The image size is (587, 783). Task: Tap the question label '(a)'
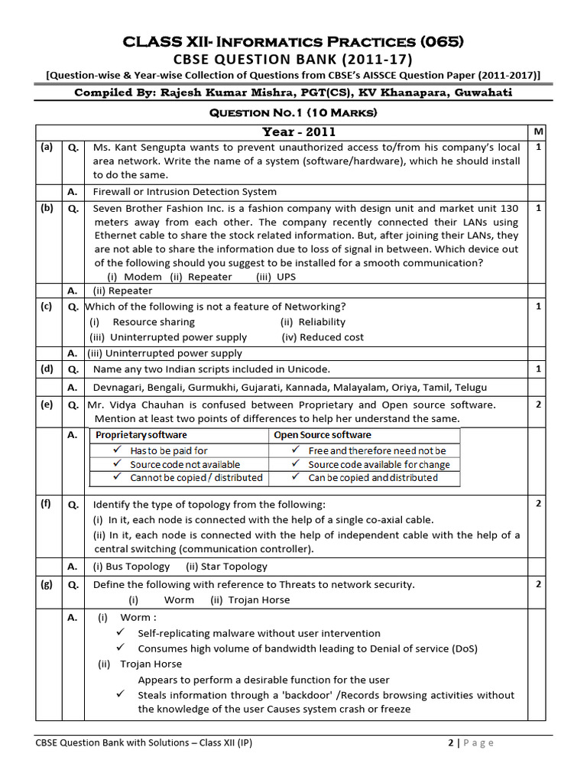click(x=47, y=147)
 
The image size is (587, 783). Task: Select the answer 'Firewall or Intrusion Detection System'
click(x=185, y=192)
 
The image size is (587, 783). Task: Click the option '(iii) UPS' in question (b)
click(x=276, y=277)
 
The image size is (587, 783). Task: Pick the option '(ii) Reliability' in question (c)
click(x=313, y=322)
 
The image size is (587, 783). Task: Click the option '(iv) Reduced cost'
click(x=323, y=337)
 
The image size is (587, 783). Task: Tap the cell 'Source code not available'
click(x=184, y=464)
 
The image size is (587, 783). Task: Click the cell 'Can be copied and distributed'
click(x=372, y=478)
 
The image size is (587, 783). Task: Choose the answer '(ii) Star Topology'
click(x=226, y=567)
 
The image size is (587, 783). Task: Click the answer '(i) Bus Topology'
click(x=131, y=567)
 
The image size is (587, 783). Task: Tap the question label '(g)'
click(x=47, y=584)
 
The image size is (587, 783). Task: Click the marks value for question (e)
click(x=539, y=404)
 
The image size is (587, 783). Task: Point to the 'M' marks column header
click(x=539, y=132)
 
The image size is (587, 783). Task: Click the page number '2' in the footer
click(x=450, y=742)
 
